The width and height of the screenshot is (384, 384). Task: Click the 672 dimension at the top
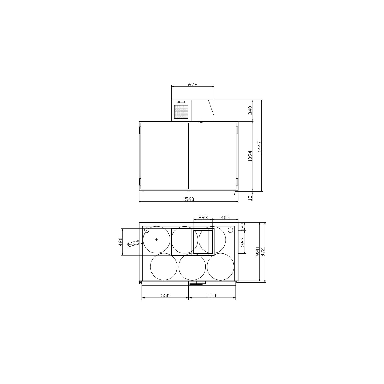tap(193, 84)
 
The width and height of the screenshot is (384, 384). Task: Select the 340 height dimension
tap(250, 110)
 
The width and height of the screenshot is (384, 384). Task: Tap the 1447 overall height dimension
tap(259, 147)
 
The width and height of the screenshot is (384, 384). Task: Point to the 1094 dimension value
tap(250, 156)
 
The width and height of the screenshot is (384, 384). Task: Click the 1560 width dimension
tap(188, 199)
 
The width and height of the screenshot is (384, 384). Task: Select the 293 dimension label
tap(203, 218)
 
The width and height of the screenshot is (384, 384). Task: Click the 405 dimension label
tap(225, 218)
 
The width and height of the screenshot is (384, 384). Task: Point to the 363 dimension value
tap(243, 242)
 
